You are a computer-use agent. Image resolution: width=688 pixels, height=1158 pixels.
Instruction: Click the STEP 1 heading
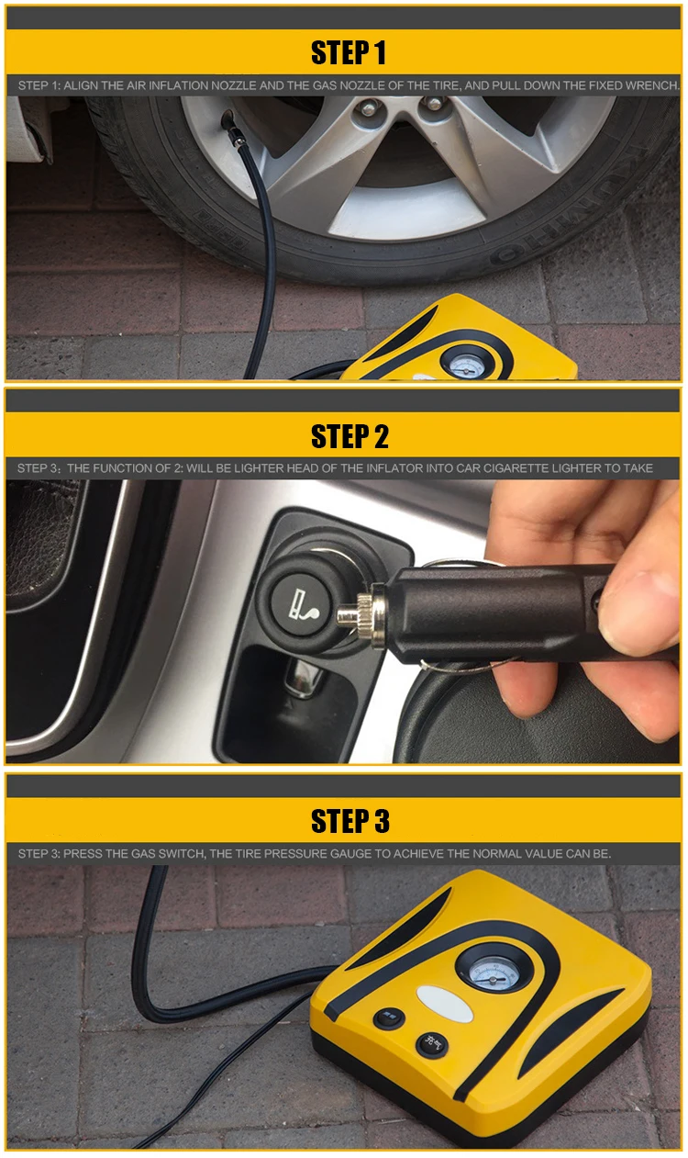349,53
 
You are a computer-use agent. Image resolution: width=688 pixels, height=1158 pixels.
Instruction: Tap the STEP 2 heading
349,436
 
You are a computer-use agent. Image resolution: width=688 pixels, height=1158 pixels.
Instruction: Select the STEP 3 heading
349,821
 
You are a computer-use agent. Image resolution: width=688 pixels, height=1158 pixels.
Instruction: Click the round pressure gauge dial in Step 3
487,969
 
